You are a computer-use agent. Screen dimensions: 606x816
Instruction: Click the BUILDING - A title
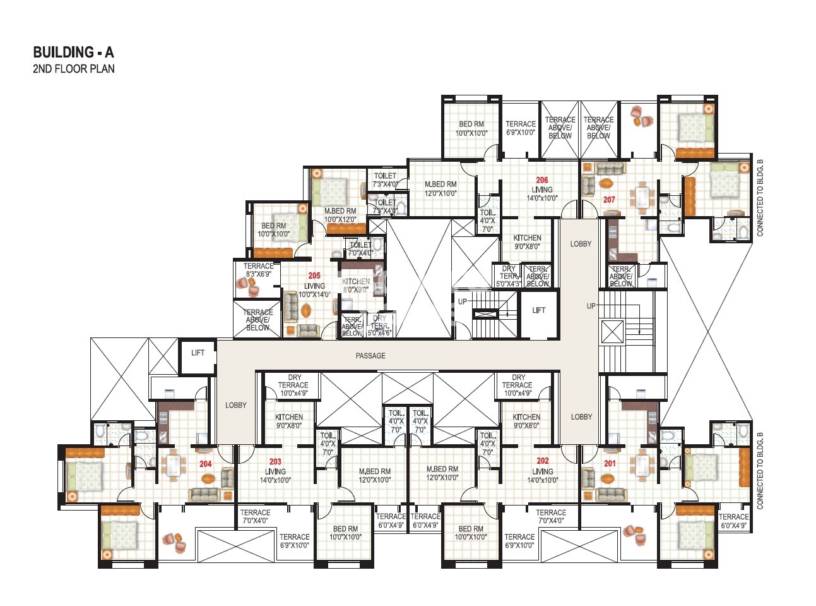tap(73, 52)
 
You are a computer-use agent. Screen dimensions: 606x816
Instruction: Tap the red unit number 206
tap(541, 181)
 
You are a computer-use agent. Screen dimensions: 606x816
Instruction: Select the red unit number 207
tap(609, 200)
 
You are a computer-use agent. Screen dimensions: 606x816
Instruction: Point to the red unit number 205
tap(314, 276)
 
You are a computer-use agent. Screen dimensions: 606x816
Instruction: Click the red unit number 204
tap(206, 464)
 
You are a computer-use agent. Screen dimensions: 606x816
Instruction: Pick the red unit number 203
tap(275, 462)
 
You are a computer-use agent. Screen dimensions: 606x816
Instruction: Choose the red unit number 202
tap(543, 461)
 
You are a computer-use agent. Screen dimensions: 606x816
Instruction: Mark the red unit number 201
tap(610, 464)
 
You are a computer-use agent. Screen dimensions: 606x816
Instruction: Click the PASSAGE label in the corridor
tap(370, 356)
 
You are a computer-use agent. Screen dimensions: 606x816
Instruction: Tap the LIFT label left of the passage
tap(198, 353)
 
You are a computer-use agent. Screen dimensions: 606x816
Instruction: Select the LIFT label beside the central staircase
tap(538, 310)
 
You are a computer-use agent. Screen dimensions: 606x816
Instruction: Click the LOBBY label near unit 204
tap(236, 405)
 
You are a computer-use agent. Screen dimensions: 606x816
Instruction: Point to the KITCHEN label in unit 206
tap(528, 238)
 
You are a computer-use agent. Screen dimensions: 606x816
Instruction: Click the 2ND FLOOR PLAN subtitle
tap(74, 69)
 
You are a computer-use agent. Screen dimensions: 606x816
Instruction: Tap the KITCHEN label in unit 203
tap(289, 417)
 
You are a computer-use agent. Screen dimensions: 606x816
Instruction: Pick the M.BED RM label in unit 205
tap(340, 211)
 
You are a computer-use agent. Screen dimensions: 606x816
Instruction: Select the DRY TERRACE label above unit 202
tap(517, 381)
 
